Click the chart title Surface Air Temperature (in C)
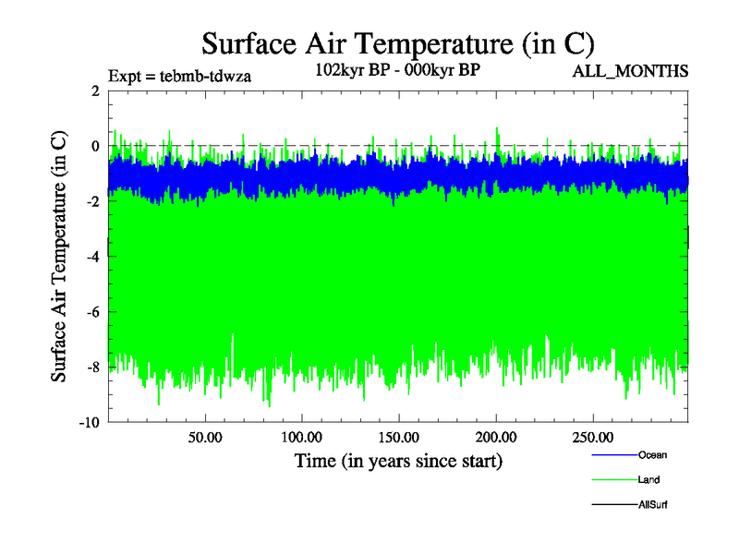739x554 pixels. point(397,43)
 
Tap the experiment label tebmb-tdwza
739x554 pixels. point(179,76)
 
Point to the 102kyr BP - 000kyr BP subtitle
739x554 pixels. point(398,70)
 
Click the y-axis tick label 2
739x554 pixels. point(94,90)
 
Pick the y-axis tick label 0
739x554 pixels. point(94,146)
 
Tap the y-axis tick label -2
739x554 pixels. point(91,201)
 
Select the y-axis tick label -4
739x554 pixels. point(91,257)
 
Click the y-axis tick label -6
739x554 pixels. point(91,312)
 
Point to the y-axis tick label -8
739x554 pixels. point(91,367)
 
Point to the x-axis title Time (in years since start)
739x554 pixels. point(398,460)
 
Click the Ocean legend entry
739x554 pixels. point(652,454)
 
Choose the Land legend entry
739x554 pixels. point(648,480)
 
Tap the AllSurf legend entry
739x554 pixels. point(652,505)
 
